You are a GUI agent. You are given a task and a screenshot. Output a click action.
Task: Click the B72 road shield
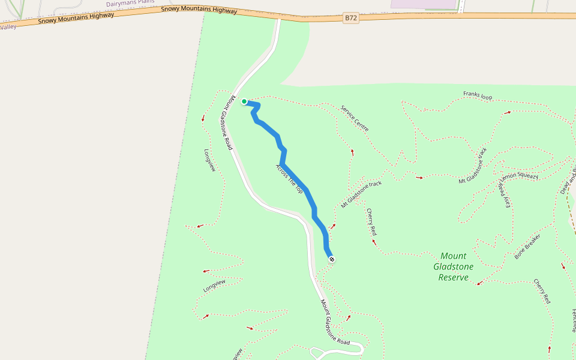(x=351, y=18)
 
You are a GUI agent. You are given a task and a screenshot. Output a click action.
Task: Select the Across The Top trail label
(x=289, y=178)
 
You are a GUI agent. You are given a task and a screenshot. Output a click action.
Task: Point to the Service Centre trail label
(x=355, y=118)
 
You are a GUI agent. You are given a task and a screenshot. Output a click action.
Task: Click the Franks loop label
(x=478, y=95)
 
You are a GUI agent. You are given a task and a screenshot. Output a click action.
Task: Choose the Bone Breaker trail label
(x=527, y=246)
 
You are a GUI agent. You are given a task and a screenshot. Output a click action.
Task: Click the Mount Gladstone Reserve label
(x=453, y=266)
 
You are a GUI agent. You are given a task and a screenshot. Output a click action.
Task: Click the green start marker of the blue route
(x=244, y=101)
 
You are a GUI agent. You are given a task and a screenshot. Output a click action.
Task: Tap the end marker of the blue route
(x=331, y=259)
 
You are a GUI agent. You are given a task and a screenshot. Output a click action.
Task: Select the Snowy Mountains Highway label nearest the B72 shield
(x=199, y=10)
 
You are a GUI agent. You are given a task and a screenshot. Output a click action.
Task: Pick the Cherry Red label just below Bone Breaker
(x=542, y=291)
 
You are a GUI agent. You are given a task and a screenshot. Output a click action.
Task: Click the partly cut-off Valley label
(x=7, y=26)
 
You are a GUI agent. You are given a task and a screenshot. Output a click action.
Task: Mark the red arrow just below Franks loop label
(x=508, y=112)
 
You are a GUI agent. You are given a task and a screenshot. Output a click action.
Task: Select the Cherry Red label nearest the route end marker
(x=371, y=221)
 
